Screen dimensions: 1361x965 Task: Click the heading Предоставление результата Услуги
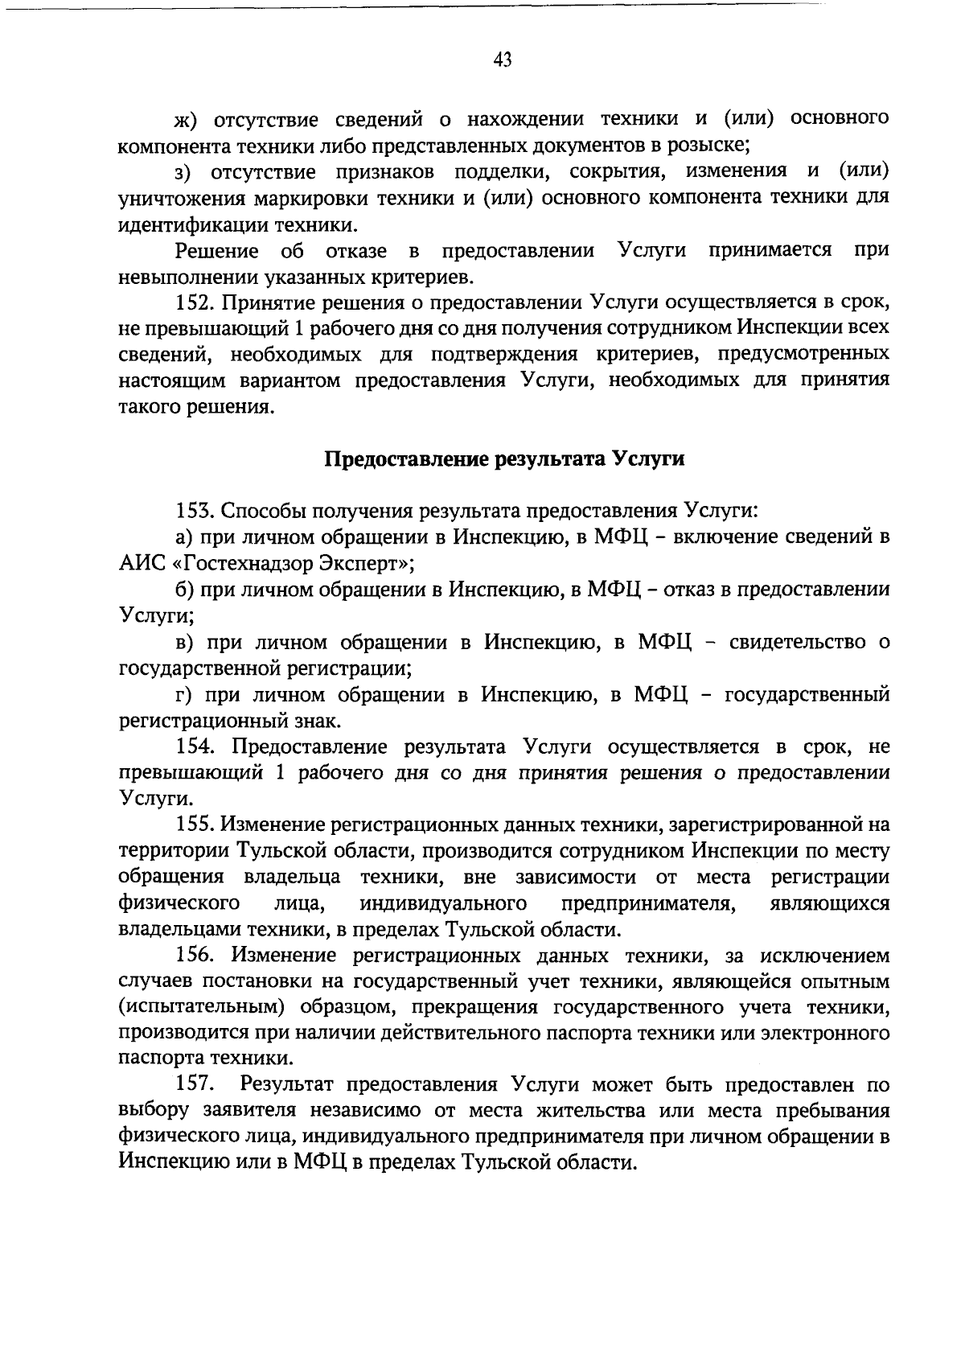click(x=504, y=459)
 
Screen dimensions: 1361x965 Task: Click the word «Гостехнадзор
click(x=239, y=564)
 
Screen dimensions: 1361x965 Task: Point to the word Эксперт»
click(x=366, y=564)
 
